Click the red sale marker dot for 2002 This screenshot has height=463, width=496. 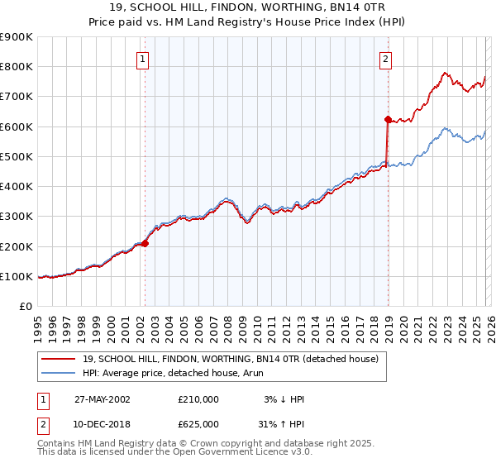[145, 243]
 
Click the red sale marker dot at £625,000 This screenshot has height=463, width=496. [386, 119]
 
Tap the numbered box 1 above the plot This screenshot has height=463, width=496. [144, 59]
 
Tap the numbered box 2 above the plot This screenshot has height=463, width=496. [386, 59]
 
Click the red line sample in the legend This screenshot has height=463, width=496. [58, 359]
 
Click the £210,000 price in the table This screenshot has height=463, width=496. [198, 399]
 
